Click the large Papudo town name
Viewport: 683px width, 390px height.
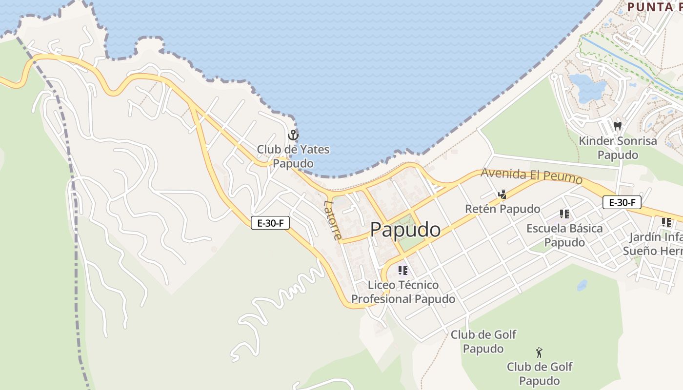[x=405, y=230]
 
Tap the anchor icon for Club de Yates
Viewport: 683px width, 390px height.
[x=293, y=135]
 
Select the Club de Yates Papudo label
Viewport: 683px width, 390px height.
[x=293, y=156]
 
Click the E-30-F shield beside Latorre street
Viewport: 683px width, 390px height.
[x=270, y=223]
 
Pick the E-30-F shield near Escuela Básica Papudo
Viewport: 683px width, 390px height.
[x=622, y=202]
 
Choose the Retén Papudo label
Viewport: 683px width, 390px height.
[x=502, y=209]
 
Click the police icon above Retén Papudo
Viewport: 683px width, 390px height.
[x=502, y=195]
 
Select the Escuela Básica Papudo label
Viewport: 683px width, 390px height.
[x=564, y=235]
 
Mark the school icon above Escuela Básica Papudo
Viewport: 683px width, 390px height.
[x=564, y=214]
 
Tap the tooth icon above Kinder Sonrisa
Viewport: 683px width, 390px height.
[x=617, y=126]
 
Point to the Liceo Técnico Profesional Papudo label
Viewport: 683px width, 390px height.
[x=403, y=292]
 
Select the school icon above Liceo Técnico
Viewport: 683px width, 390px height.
[x=402, y=270]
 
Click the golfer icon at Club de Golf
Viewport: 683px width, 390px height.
[x=539, y=352]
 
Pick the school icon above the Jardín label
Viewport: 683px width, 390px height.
[x=666, y=222]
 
